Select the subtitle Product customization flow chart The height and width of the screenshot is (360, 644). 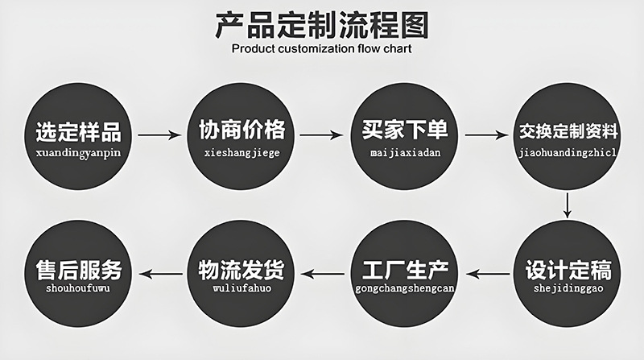click(321, 49)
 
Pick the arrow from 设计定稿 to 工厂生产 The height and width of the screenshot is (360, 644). click(486, 274)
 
